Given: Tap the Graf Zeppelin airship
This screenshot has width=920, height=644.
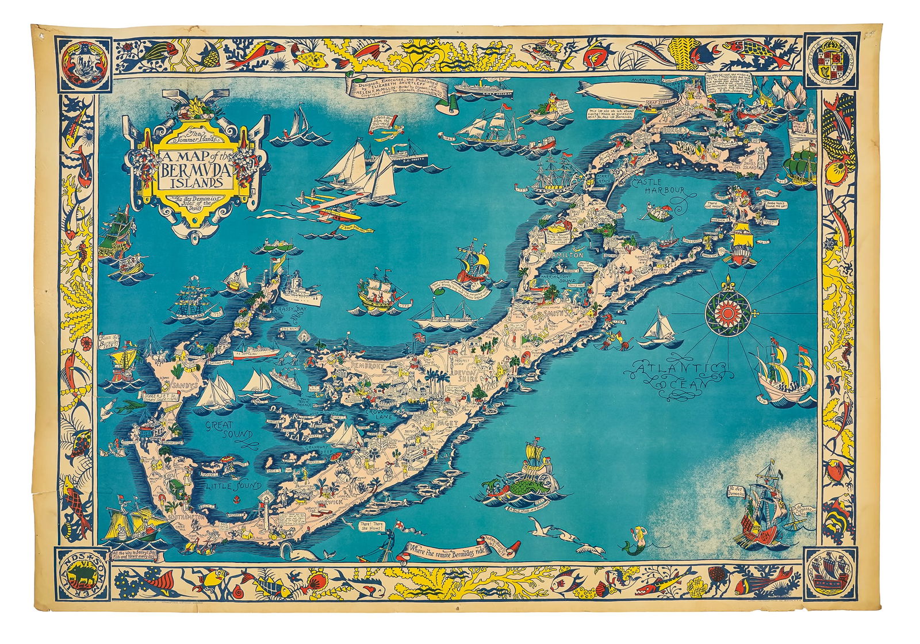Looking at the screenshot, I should coord(616,92).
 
